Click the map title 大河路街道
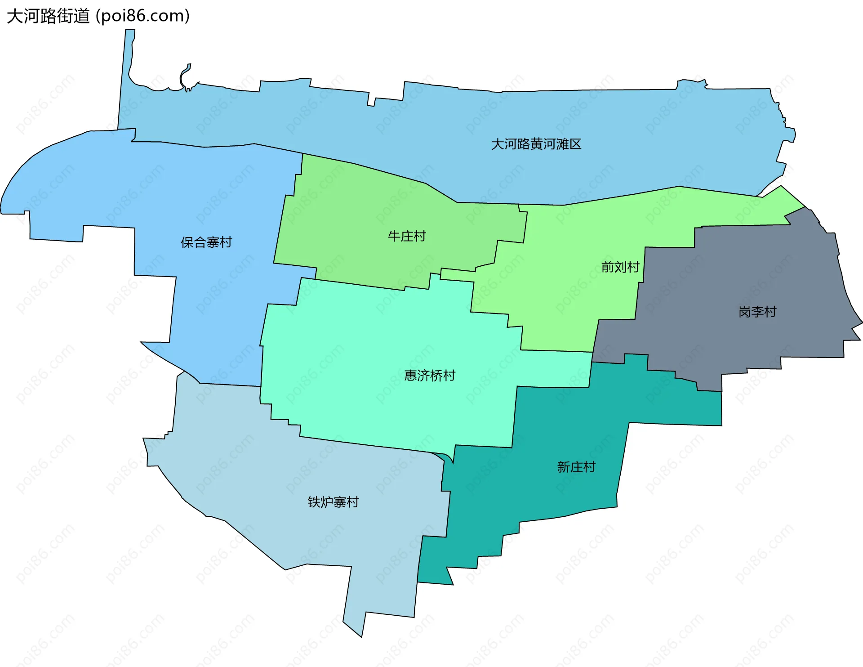(x=48, y=16)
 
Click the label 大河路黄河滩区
(x=536, y=144)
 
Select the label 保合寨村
(x=206, y=242)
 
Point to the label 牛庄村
(x=407, y=236)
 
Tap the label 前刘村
(x=620, y=267)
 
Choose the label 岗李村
(x=757, y=312)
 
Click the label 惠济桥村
(x=430, y=376)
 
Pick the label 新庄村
(x=576, y=467)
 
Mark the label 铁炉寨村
(x=333, y=502)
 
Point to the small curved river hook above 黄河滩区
(x=185, y=76)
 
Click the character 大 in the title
(x=15, y=16)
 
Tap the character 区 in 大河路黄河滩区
(x=575, y=144)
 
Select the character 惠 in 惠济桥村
(x=411, y=376)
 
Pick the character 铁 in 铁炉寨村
(x=314, y=502)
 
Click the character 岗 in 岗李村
(x=745, y=312)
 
